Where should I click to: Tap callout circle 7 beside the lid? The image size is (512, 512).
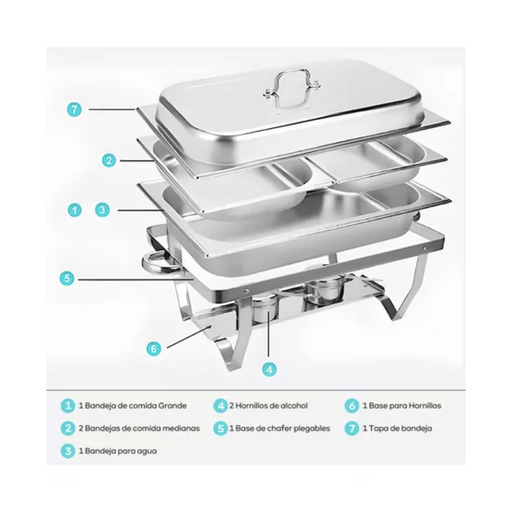(74, 109)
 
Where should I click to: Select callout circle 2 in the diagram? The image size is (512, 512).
(109, 160)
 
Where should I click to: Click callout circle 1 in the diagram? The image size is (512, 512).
(74, 210)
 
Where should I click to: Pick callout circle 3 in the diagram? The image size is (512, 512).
(103, 210)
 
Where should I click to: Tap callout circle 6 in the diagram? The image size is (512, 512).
(154, 349)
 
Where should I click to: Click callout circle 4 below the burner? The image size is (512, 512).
(268, 369)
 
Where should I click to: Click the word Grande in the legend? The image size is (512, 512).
(173, 406)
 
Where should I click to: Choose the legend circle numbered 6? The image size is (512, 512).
(352, 406)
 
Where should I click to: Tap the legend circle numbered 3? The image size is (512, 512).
(68, 451)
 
